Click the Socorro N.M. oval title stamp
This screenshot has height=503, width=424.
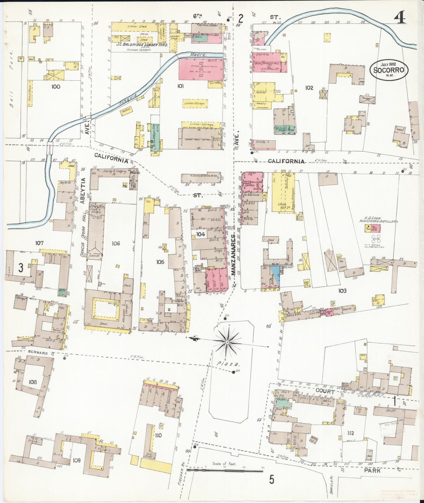[x=388, y=70]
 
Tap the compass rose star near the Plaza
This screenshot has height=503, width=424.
[x=227, y=342]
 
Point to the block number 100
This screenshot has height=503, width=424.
[x=55, y=87]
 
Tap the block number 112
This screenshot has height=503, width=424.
[x=350, y=433]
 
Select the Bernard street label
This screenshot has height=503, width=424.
[x=38, y=353]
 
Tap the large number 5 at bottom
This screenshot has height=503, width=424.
[x=272, y=480]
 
